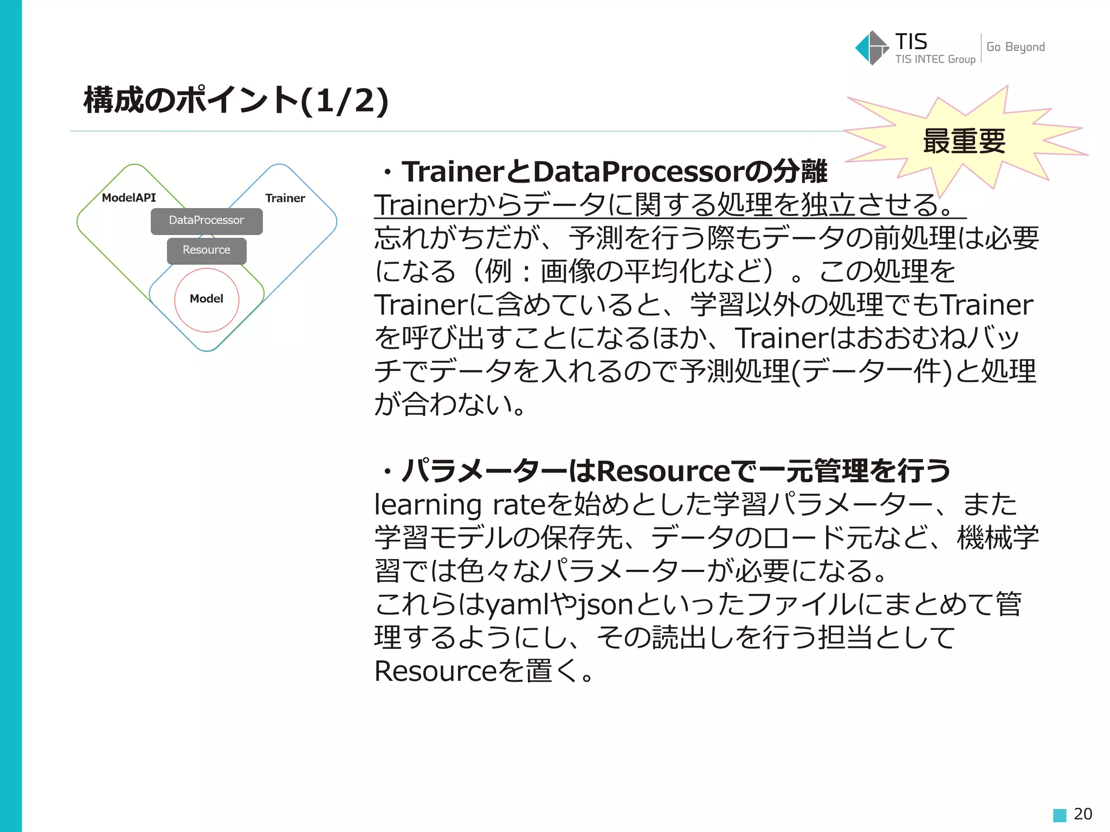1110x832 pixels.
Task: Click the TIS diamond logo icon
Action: coord(871,48)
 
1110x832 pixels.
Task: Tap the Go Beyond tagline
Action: coord(1015,47)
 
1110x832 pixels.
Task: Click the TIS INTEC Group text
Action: coord(934,59)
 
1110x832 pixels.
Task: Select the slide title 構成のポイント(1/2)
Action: coord(236,101)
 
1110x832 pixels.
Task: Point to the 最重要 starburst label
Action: coord(964,141)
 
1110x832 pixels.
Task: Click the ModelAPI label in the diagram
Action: coord(129,198)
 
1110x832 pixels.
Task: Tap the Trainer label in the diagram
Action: coord(285,198)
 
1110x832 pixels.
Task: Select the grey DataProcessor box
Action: coord(206,221)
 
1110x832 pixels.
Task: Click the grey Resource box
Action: coord(206,251)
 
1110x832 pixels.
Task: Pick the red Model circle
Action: coord(206,300)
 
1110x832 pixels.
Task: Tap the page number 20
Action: coord(1082,814)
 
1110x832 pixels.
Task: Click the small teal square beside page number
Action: coord(1059,815)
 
